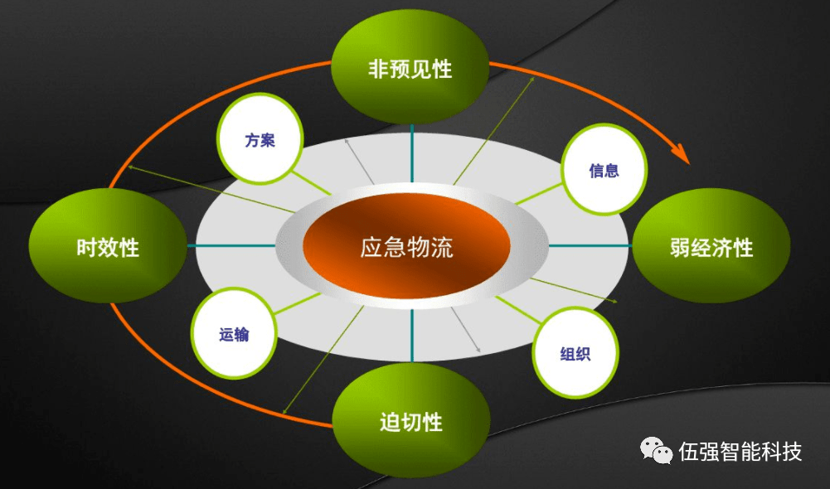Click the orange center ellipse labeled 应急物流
pos(406,247)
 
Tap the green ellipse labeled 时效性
pos(108,245)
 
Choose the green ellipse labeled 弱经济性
pos(711,245)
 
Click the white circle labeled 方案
pos(260,139)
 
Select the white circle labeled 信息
pos(604,169)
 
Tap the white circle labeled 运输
pos(234,333)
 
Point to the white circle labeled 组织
pos(575,353)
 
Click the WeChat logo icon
pos(657,450)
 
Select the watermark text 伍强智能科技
pos(740,452)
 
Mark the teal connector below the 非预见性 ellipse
pos(412,153)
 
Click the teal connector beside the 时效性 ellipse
pos(231,245)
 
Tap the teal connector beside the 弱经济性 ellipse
pos(590,245)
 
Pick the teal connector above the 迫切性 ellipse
pos(412,336)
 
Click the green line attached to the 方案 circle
pos(311,182)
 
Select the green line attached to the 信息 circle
pos(538,194)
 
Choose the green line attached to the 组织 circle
pos(517,310)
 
